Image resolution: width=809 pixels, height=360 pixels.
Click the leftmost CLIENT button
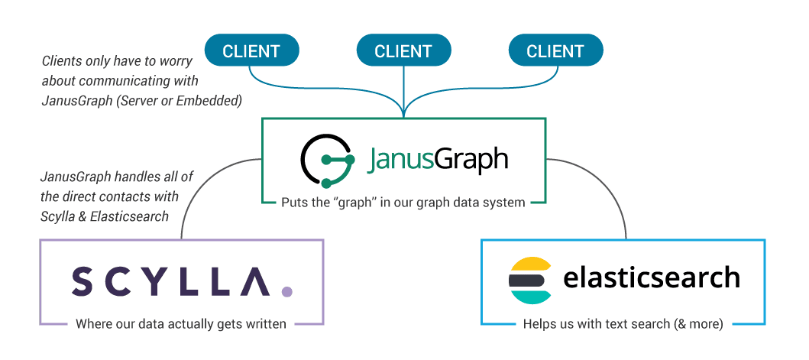click(x=251, y=52)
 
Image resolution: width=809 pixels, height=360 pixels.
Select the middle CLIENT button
click(x=403, y=52)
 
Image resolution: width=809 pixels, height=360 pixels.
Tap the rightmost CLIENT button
click(x=555, y=52)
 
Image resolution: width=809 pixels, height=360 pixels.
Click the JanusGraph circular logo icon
click(x=326, y=161)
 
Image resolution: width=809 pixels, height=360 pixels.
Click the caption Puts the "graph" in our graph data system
click(x=403, y=203)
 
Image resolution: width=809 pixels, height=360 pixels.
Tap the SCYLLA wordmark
click(x=170, y=281)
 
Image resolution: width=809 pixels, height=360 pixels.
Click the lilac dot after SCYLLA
click(x=286, y=291)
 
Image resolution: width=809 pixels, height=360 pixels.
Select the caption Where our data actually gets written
click(x=181, y=324)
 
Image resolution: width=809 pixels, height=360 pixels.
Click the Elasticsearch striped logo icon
click(x=530, y=281)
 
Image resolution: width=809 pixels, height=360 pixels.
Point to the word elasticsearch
click(x=652, y=277)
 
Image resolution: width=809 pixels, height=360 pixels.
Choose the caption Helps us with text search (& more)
click(x=623, y=324)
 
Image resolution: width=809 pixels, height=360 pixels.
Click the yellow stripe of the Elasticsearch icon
click(x=530, y=264)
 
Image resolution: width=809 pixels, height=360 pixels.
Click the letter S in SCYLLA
click(x=83, y=281)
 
